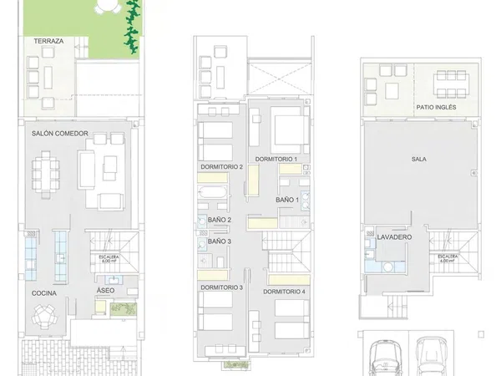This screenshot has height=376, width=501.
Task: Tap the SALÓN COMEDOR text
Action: [60, 134]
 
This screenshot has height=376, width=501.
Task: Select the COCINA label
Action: [44, 293]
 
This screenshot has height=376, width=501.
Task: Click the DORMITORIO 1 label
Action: [276, 159]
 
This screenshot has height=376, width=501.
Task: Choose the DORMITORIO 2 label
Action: [221, 166]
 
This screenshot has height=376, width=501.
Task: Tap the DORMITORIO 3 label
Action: [221, 287]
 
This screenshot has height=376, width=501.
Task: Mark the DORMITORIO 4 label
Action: [285, 292]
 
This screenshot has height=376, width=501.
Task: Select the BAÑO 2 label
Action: [220, 220]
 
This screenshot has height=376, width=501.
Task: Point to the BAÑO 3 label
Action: [220, 241]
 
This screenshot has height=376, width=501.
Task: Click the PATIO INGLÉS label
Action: [437, 108]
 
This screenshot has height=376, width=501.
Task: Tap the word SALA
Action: [419, 159]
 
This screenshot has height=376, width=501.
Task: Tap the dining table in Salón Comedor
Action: [43, 173]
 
